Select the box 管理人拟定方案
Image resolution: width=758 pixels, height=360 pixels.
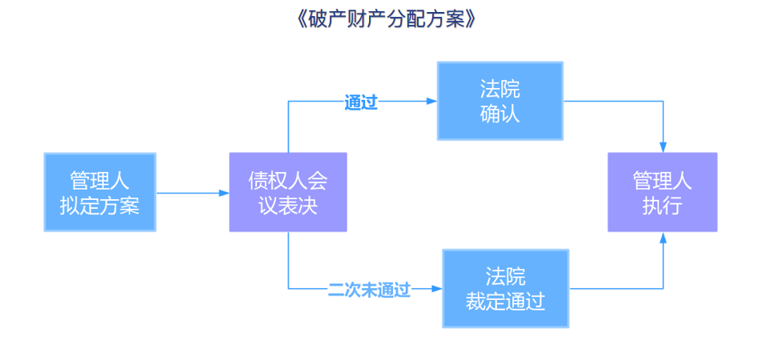click(x=100, y=192)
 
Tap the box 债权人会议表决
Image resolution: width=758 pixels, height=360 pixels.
click(x=288, y=192)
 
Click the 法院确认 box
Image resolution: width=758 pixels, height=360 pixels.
click(x=500, y=101)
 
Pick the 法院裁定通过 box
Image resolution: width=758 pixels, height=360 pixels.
click(x=505, y=289)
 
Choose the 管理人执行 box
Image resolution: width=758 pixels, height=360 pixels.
click(x=662, y=192)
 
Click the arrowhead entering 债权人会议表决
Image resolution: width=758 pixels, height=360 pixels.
click(x=224, y=193)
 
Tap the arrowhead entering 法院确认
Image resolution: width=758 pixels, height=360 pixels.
click(x=431, y=102)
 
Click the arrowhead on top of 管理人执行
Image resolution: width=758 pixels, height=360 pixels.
click(x=663, y=146)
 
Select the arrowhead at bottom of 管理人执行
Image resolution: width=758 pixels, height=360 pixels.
click(x=663, y=238)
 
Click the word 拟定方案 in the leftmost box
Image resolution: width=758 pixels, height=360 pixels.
click(x=100, y=206)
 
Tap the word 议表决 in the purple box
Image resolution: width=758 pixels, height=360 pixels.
click(x=288, y=206)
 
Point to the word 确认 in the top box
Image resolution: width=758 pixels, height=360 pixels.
click(x=500, y=114)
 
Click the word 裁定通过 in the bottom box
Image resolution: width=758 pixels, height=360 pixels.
click(x=505, y=302)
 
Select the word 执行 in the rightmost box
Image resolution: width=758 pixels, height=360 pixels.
click(x=662, y=206)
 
